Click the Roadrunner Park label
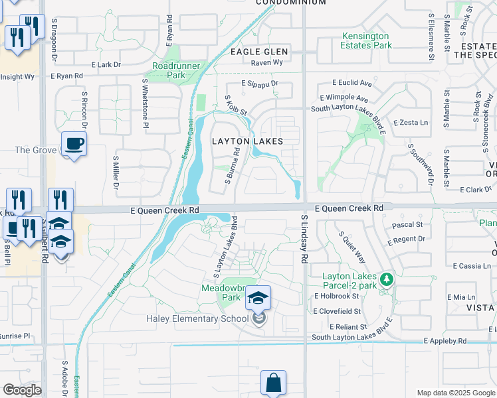[168, 70]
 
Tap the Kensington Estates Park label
[367, 40]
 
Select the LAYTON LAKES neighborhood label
[247, 141]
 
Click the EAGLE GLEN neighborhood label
[259, 51]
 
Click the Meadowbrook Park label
[221, 293]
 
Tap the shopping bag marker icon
[273, 383]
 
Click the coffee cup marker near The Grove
[74, 143]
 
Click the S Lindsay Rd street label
[305, 237]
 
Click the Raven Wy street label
[267, 62]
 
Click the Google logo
[22, 390]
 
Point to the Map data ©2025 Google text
[456, 393]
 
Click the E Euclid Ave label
[351, 84]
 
